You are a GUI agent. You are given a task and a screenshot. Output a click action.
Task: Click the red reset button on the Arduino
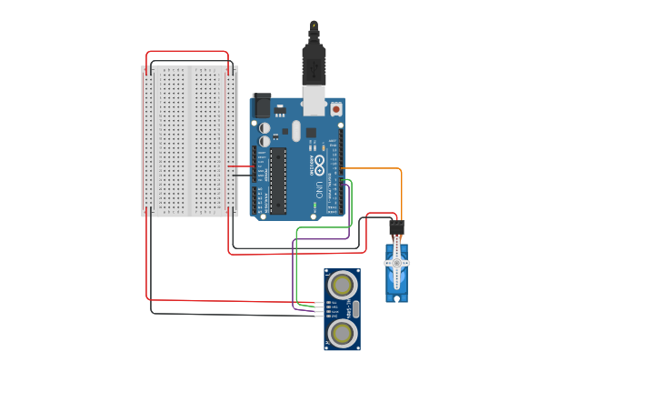(335, 109)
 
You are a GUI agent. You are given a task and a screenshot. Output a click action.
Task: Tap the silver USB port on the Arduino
(314, 101)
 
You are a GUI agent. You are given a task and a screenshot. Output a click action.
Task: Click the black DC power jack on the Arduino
(262, 106)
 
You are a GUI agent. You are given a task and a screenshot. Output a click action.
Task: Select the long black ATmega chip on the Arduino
(278, 180)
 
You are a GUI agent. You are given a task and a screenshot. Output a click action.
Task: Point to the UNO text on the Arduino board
(319, 189)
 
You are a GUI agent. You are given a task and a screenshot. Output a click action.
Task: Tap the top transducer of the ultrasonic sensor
(342, 284)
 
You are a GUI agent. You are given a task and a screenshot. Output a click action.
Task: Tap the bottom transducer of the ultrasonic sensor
(342, 333)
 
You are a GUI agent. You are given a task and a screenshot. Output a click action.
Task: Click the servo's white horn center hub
(396, 263)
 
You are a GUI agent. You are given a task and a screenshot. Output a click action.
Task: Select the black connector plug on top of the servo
(396, 229)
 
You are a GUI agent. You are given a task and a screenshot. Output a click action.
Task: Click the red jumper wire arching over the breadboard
(186, 52)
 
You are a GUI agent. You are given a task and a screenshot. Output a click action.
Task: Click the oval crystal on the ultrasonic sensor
(355, 308)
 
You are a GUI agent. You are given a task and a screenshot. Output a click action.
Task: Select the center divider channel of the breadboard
(189, 141)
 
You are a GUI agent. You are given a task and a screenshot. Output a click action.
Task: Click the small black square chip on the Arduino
(311, 133)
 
